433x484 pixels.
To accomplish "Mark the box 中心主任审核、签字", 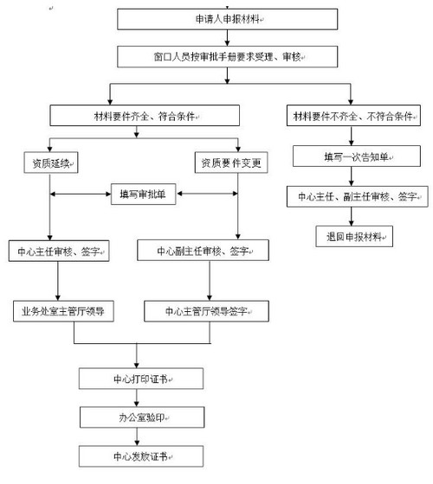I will tap(59, 252).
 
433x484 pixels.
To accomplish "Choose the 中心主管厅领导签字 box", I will tap(210, 309).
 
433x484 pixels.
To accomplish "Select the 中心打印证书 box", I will tap(142, 379).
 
